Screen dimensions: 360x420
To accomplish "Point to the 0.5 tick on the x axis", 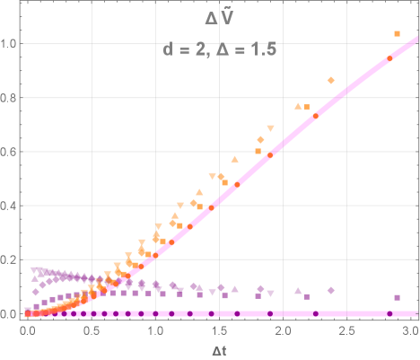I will point(92,330).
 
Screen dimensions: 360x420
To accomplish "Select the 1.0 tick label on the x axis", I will point(155,330).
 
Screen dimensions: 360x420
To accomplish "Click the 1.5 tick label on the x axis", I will point(219,330).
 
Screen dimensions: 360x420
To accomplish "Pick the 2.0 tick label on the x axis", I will point(284,330).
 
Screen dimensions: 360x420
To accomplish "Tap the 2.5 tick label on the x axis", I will point(347,330).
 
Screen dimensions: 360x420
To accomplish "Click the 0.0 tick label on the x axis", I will point(28,330).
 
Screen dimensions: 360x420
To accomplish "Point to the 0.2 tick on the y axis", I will point(11,259).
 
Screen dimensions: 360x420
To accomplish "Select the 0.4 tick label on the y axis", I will point(11,206).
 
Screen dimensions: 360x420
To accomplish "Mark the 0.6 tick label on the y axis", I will point(11,152).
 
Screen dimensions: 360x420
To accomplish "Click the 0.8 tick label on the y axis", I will point(11,98).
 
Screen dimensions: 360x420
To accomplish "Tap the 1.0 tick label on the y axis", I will point(11,43).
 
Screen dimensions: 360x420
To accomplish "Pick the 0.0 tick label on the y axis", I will point(11,313).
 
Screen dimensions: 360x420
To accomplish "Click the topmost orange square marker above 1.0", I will point(397,34).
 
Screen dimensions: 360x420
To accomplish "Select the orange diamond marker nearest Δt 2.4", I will point(331,81).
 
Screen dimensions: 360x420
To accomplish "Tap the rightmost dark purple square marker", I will point(397,297).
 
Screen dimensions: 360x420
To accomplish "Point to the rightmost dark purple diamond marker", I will point(331,290).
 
